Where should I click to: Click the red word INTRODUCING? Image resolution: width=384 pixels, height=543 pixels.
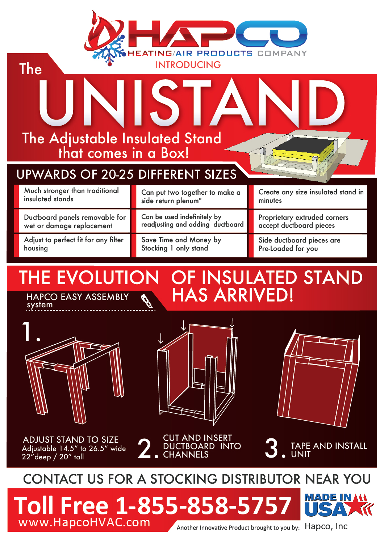(188, 65)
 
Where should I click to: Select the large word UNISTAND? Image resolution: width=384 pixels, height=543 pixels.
(192, 102)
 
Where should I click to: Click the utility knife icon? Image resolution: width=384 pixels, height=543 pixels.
(147, 301)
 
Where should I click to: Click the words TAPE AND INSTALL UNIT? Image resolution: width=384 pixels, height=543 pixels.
(329, 450)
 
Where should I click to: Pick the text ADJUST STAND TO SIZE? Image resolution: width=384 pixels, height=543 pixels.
(71, 440)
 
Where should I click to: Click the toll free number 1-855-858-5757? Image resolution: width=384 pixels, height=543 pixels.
(203, 506)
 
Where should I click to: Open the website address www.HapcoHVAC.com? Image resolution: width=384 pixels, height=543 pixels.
(84, 523)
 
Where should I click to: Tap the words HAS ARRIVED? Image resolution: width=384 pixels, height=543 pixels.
(233, 295)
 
